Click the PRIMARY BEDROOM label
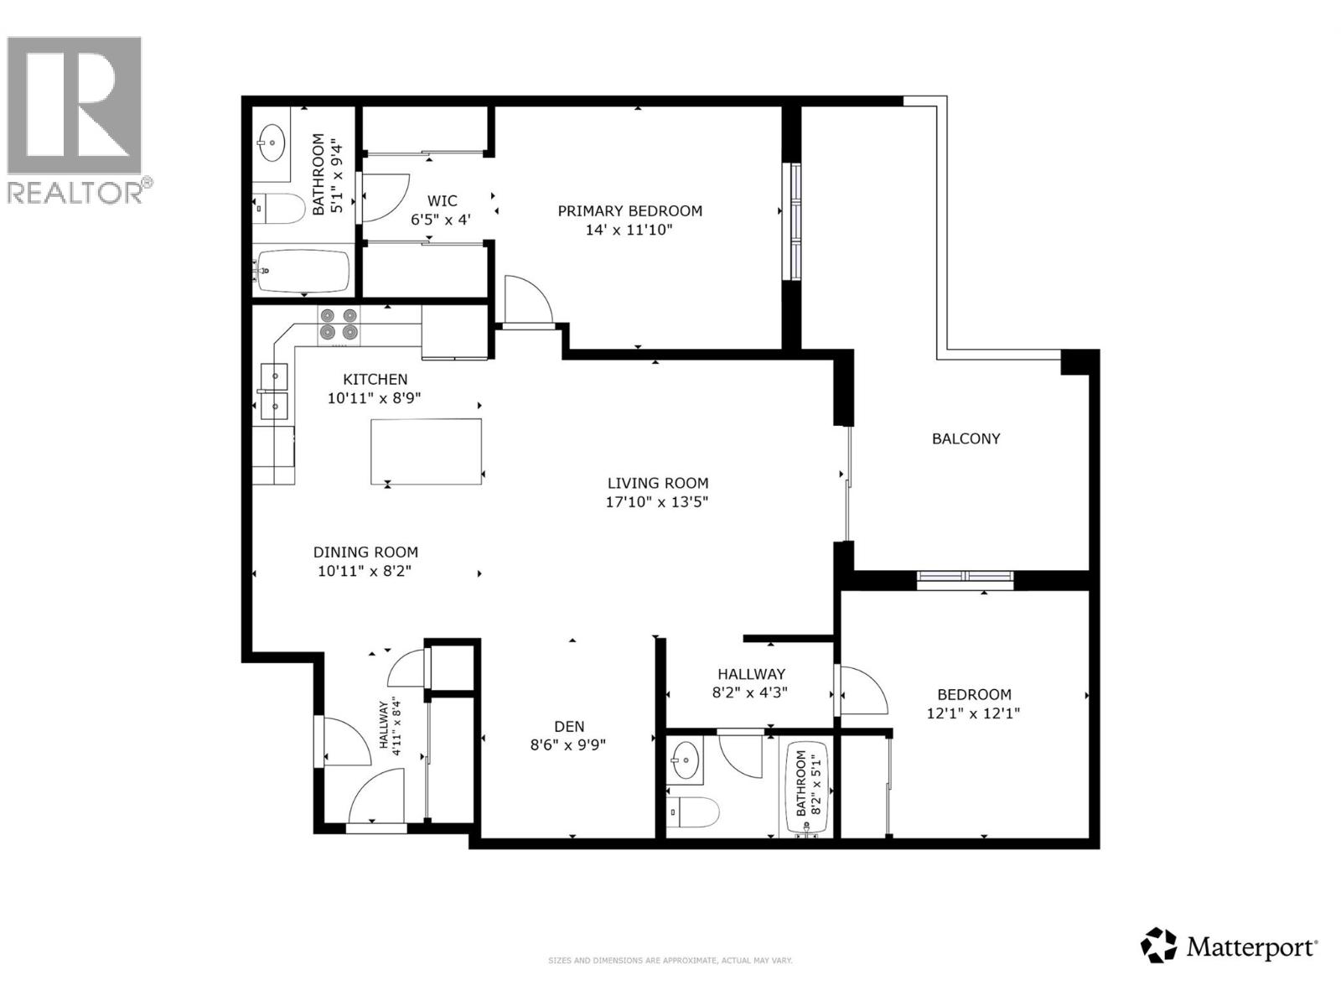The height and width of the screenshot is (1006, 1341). click(629, 210)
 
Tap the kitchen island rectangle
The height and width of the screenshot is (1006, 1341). click(426, 451)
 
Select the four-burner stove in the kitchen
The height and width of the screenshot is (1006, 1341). click(339, 324)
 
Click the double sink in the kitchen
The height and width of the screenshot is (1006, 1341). click(274, 392)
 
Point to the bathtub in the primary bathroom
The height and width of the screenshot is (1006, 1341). click(303, 272)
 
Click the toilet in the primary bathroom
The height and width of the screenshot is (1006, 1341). click(281, 209)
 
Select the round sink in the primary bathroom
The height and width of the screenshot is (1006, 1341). click(272, 143)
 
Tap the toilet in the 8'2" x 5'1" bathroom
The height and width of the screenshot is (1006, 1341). click(695, 812)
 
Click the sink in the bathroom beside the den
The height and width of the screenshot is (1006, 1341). click(685, 761)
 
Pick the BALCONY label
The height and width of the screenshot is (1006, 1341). click(966, 438)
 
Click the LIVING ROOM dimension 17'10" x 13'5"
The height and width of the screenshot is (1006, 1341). click(658, 502)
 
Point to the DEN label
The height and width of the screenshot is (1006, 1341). click(569, 727)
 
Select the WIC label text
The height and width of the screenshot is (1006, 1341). click(442, 201)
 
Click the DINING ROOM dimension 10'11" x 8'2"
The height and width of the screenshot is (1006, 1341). click(365, 572)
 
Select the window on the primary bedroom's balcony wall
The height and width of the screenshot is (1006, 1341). click(791, 221)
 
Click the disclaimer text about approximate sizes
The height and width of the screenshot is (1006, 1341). click(670, 961)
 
